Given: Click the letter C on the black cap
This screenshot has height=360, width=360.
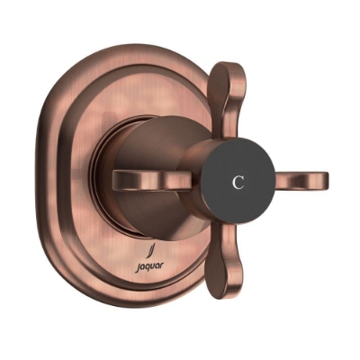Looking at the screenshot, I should (238, 180).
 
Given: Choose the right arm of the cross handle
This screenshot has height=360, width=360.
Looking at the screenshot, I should (297, 181).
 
